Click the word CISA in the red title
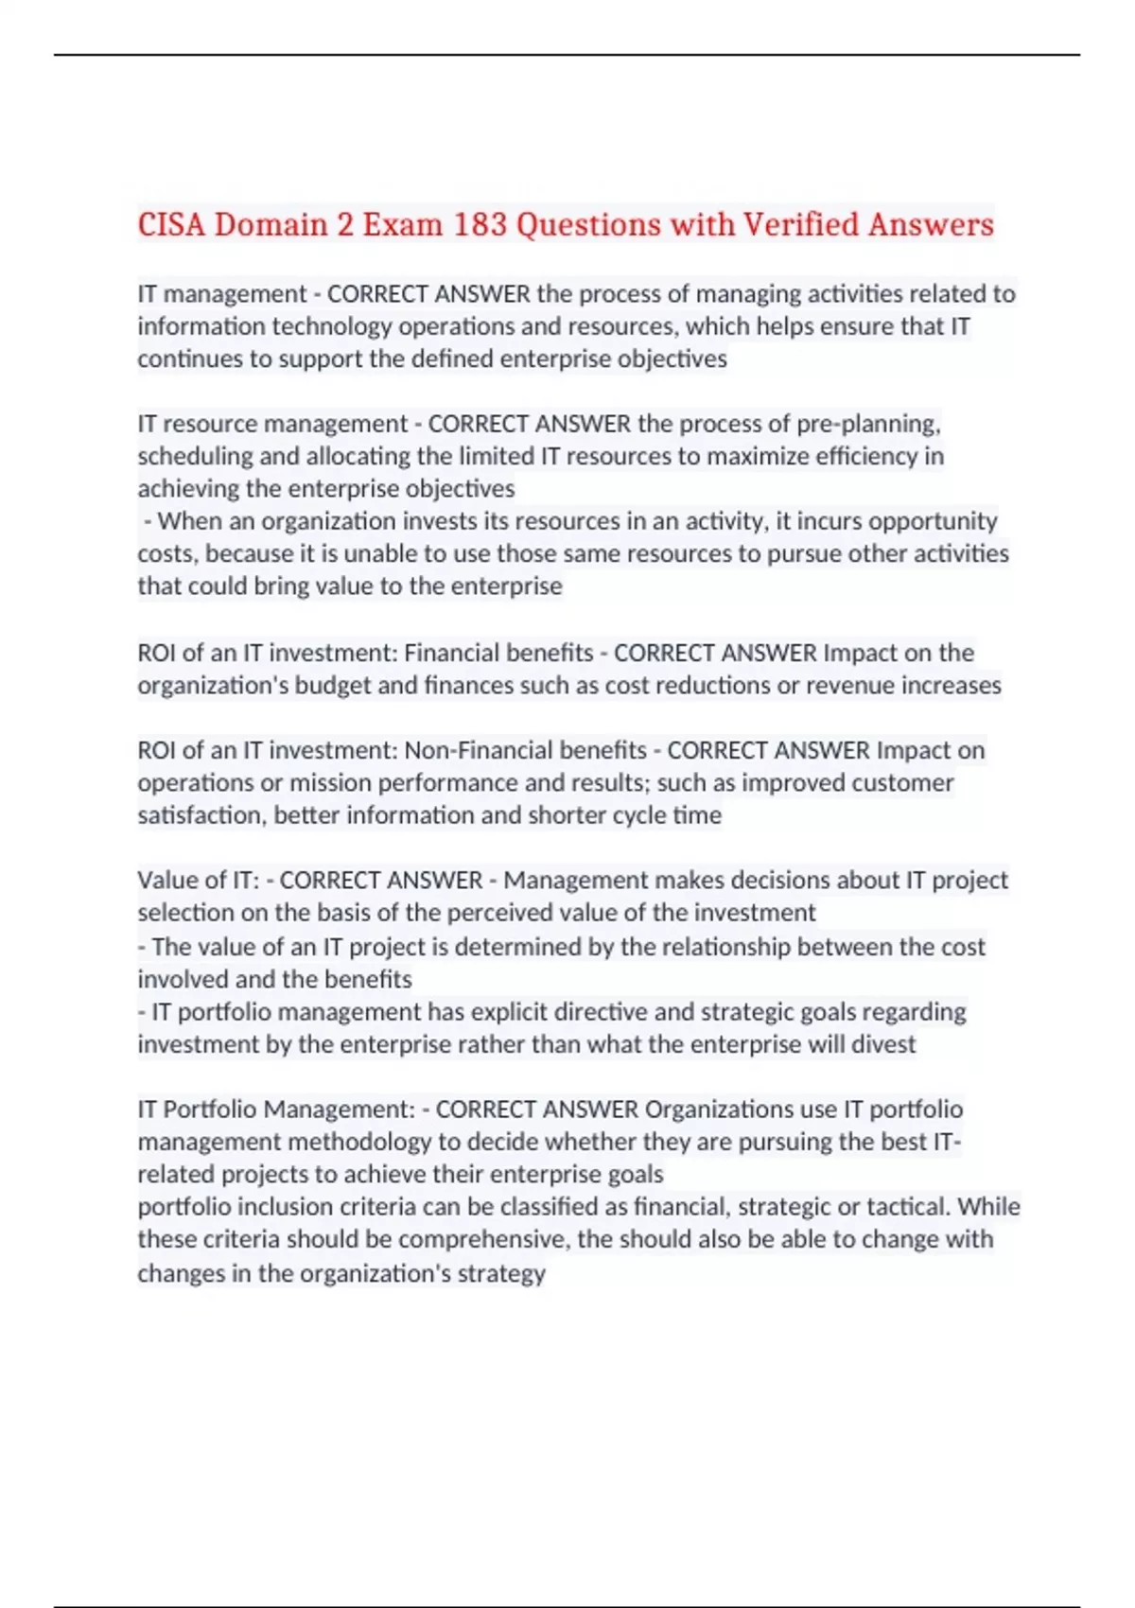point(171,224)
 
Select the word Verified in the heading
point(800,224)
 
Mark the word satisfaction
point(201,815)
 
